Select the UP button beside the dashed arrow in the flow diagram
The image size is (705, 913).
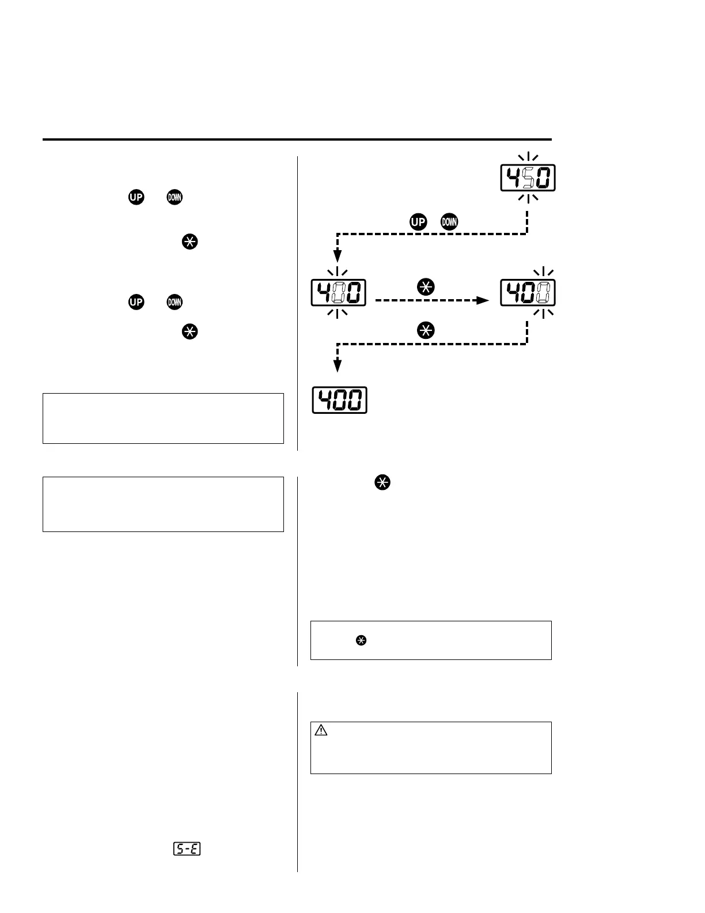click(419, 221)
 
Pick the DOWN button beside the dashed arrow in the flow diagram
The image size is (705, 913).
click(449, 221)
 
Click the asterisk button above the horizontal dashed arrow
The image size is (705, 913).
click(426, 287)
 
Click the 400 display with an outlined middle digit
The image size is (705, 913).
click(339, 292)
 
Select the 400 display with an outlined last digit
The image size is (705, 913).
click(528, 292)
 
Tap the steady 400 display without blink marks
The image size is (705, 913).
click(339, 400)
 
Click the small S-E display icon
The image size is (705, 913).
click(187, 848)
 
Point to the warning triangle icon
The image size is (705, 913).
click(321, 730)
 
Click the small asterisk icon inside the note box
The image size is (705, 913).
click(361, 640)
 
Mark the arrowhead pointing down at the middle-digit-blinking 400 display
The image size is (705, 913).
click(338, 256)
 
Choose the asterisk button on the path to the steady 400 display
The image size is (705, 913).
click(426, 330)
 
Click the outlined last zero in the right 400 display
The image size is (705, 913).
click(543, 292)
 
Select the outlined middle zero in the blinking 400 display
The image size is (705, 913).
click(339, 292)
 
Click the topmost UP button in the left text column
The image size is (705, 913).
click(136, 197)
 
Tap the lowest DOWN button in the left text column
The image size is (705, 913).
click(174, 301)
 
